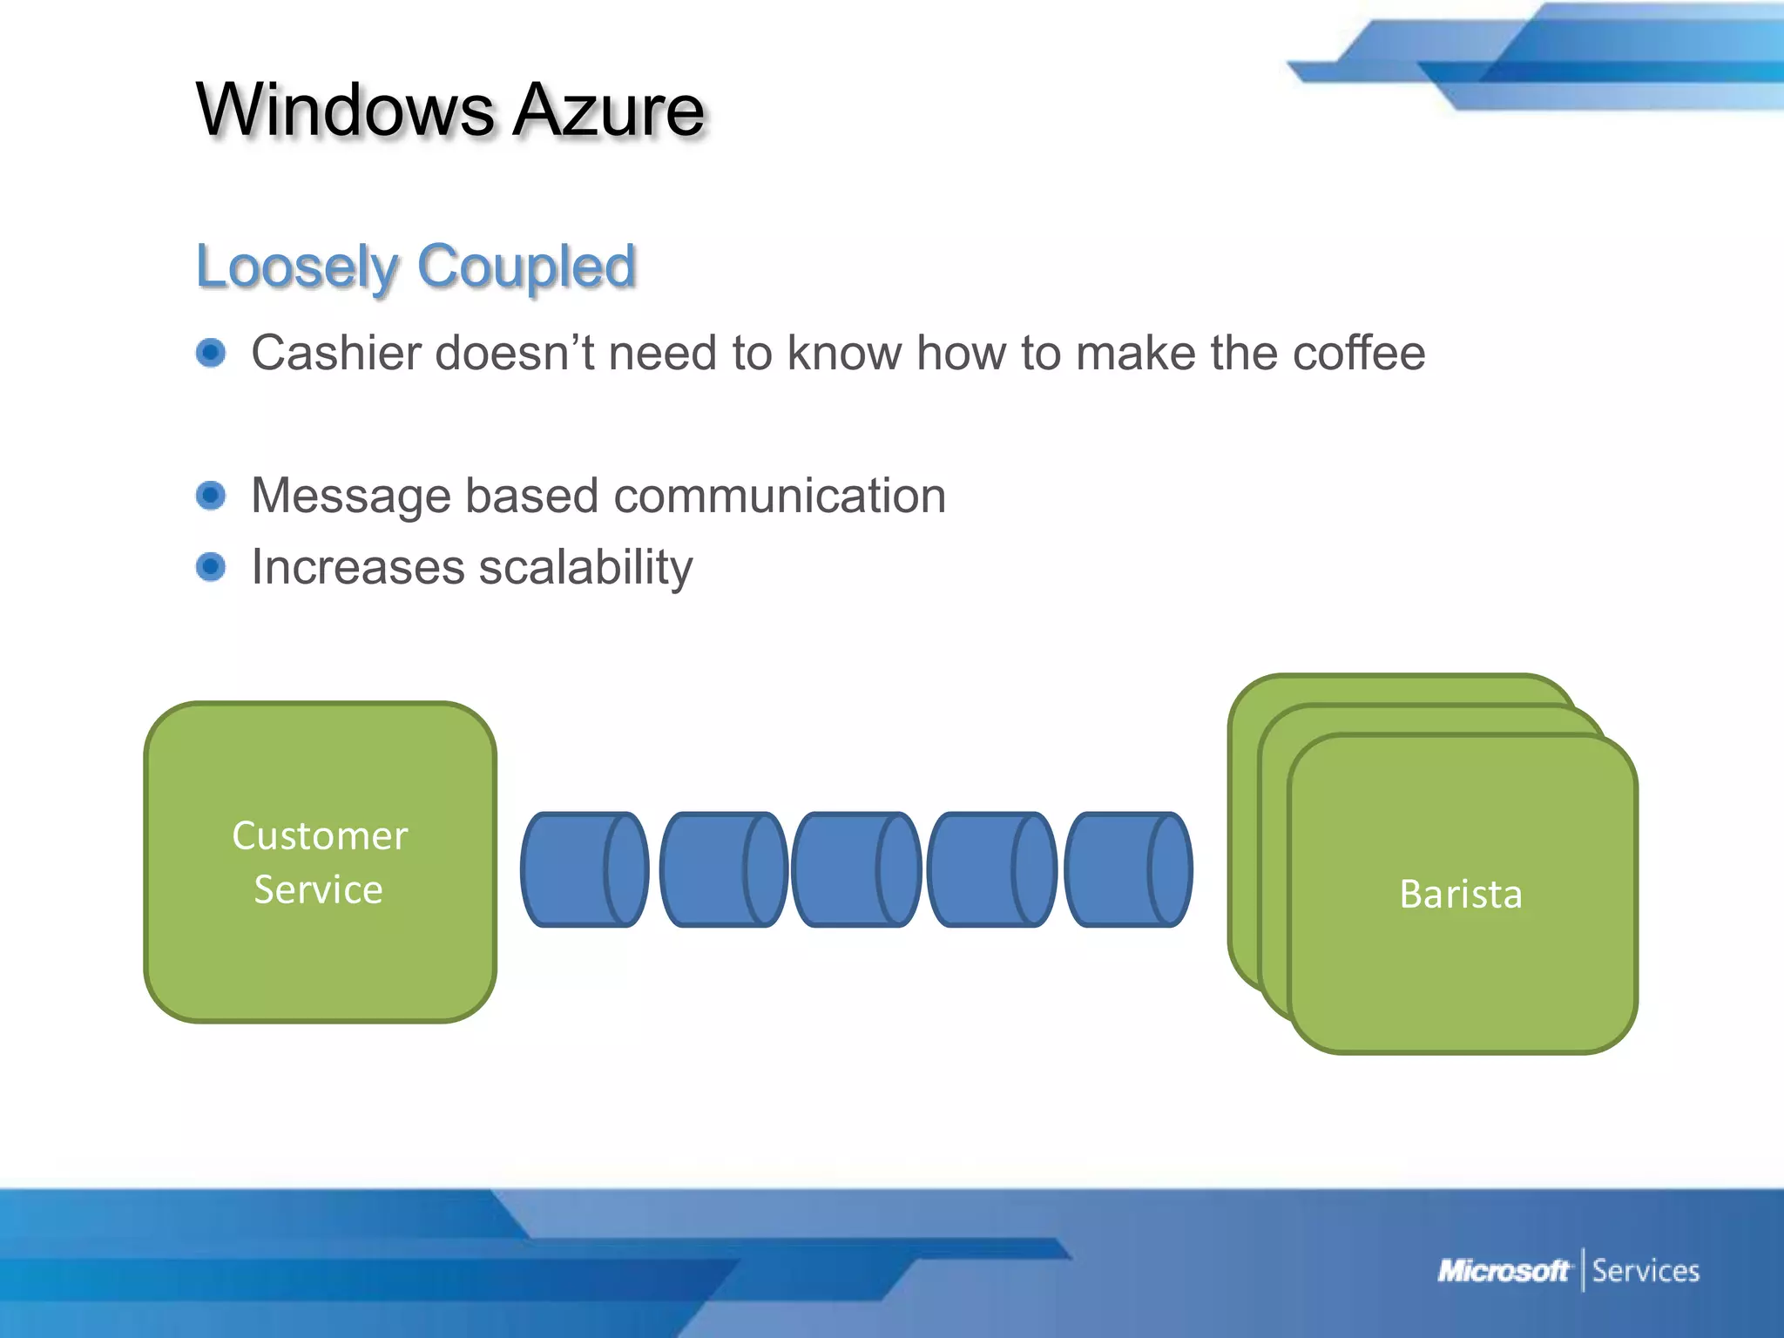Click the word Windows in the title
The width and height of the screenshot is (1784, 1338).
click(345, 111)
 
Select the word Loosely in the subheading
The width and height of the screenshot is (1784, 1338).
click(296, 267)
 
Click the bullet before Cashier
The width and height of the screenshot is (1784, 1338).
click(211, 353)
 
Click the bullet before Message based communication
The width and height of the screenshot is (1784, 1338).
click(211, 496)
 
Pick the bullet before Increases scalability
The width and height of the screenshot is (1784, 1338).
click(211, 567)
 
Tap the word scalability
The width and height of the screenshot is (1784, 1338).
click(585, 567)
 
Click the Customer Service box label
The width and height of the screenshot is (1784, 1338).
click(320, 862)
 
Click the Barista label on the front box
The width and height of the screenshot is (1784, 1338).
click(1461, 895)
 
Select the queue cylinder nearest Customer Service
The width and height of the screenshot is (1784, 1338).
click(585, 869)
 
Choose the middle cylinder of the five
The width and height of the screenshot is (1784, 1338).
click(856, 869)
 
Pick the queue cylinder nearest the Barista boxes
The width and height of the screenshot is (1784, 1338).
click(1128, 869)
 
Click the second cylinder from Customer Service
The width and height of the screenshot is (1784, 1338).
click(723, 869)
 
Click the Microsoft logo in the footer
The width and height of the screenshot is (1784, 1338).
click(1503, 1271)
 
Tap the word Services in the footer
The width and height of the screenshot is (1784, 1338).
click(1645, 1271)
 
